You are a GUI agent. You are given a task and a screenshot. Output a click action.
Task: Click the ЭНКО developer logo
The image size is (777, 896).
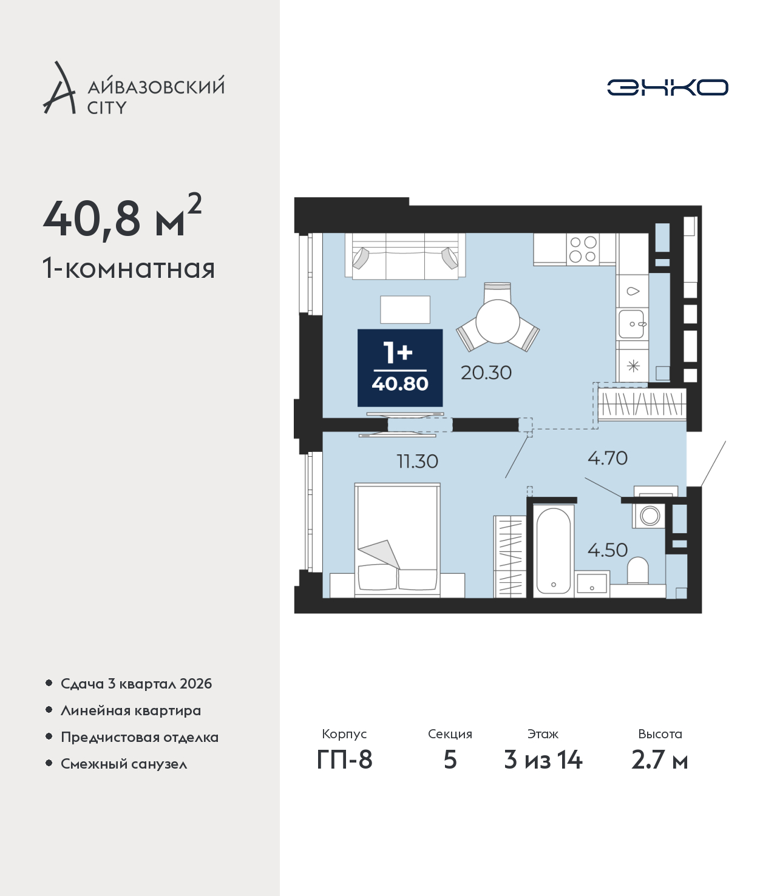point(667,87)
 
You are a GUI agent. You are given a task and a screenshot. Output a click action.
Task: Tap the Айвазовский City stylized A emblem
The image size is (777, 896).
point(59,88)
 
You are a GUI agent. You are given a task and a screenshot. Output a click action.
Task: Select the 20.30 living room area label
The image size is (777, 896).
point(486,373)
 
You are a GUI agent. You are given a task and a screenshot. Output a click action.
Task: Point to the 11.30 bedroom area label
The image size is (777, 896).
point(418,462)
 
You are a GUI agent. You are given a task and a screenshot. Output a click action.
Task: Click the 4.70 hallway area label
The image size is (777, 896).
point(608,458)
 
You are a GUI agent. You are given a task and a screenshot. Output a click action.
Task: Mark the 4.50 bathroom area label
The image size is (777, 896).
point(608,550)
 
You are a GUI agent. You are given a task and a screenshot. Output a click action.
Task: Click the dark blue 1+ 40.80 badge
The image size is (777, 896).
point(400,368)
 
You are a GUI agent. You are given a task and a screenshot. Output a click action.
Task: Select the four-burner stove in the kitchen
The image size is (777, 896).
point(583,249)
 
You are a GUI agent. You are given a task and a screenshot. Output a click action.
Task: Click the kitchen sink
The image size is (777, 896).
point(631,324)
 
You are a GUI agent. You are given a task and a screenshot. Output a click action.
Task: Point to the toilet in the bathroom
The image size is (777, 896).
point(638,571)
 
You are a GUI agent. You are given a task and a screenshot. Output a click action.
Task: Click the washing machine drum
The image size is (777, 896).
point(650,516)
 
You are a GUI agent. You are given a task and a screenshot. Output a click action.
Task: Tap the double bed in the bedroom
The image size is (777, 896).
point(398,540)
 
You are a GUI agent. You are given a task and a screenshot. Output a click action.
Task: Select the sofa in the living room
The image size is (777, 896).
point(405,256)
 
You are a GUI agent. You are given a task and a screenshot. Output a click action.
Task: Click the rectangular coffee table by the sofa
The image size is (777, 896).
point(405,309)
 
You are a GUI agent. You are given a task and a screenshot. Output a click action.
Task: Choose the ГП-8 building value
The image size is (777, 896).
point(344,760)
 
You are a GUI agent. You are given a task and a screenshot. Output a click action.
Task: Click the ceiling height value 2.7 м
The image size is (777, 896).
point(659,760)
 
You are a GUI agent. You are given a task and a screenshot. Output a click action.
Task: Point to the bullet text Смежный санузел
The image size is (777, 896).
point(124,764)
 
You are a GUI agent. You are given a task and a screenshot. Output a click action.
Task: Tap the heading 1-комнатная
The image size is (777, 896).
point(129,269)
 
